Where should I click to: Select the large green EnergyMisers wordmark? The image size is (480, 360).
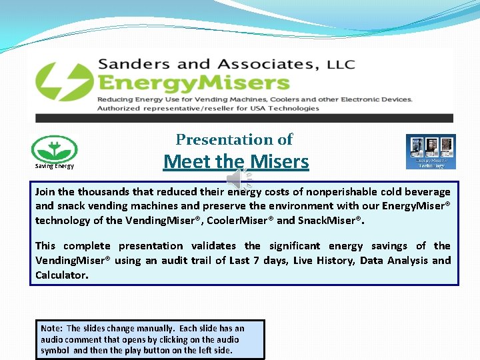pos(193,83)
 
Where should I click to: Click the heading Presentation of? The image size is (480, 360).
pos(234,139)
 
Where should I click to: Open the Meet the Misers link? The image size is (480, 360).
pos(236,161)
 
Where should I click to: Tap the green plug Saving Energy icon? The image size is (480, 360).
pos(55,149)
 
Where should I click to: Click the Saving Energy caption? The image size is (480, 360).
pos(55,166)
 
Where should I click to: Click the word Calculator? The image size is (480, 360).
pos(61,274)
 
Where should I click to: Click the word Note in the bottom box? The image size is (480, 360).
pos(51,328)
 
